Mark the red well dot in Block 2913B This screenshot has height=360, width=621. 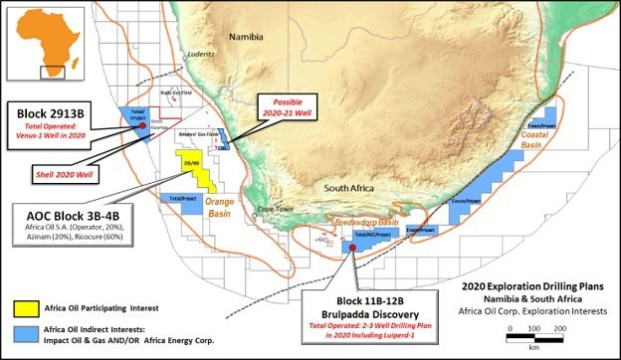click(x=143, y=125)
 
